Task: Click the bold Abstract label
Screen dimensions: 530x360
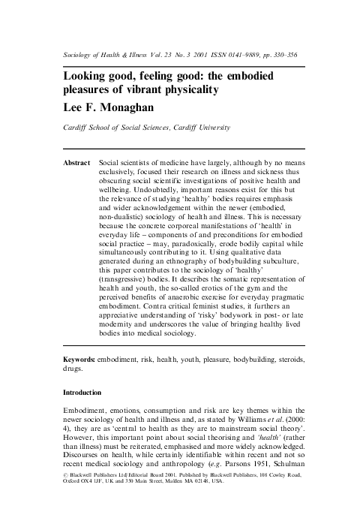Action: [x=75, y=162]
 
